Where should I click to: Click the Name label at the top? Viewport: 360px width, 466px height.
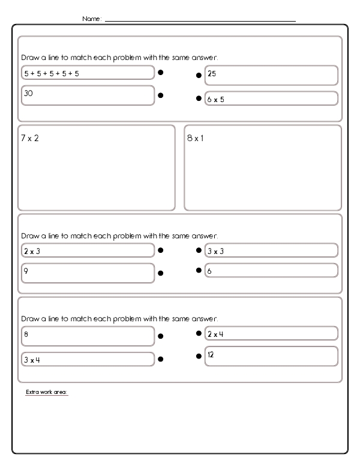click(x=92, y=19)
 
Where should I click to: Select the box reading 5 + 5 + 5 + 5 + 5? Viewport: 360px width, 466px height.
click(x=88, y=73)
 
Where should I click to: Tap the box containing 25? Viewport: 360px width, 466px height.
click(x=271, y=75)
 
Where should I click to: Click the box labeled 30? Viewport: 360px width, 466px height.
click(x=88, y=95)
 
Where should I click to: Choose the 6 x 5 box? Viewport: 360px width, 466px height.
click(x=271, y=98)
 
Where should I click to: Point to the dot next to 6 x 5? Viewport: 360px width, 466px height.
click(x=199, y=98)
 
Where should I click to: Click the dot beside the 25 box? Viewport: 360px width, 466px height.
click(x=199, y=76)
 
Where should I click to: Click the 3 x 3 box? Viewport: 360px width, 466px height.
click(x=271, y=250)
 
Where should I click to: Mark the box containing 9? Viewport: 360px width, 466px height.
click(x=88, y=273)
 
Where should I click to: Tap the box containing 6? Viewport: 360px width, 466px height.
click(x=271, y=271)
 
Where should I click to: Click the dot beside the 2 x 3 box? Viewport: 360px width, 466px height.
click(x=161, y=250)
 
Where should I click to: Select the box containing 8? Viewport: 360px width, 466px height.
click(x=88, y=336)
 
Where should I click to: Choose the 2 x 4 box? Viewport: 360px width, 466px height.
click(x=271, y=333)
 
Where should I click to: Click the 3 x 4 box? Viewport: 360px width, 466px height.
click(x=88, y=359)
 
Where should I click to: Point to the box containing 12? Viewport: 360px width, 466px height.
click(x=271, y=356)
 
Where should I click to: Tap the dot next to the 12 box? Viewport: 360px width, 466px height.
click(x=199, y=356)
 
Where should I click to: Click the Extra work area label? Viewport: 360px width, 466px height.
click(x=47, y=392)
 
